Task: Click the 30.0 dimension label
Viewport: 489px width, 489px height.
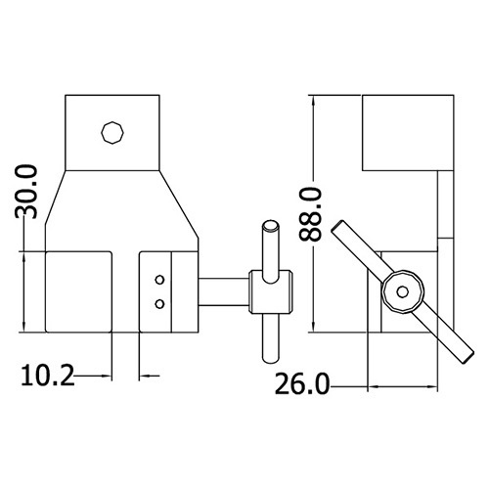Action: pyautogui.click(x=25, y=192)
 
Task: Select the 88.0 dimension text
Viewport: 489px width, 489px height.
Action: pyautogui.click(x=310, y=214)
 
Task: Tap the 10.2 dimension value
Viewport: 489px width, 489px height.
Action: pyautogui.click(x=48, y=376)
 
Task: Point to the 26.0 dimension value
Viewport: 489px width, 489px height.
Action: pyautogui.click(x=302, y=384)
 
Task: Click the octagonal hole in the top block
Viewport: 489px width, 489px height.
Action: pyautogui.click(x=112, y=133)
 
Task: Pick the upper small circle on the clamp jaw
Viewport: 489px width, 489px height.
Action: pyautogui.click(x=159, y=280)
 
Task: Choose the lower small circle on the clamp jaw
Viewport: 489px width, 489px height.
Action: pyautogui.click(x=159, y=304)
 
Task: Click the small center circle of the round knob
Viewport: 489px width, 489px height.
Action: pyautogui.click(x=403, y=291)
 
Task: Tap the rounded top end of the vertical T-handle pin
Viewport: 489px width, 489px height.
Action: pyautogui.click(x=271, y=226)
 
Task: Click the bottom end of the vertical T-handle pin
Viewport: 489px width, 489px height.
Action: pyautogui.click(x=271, y=360)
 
